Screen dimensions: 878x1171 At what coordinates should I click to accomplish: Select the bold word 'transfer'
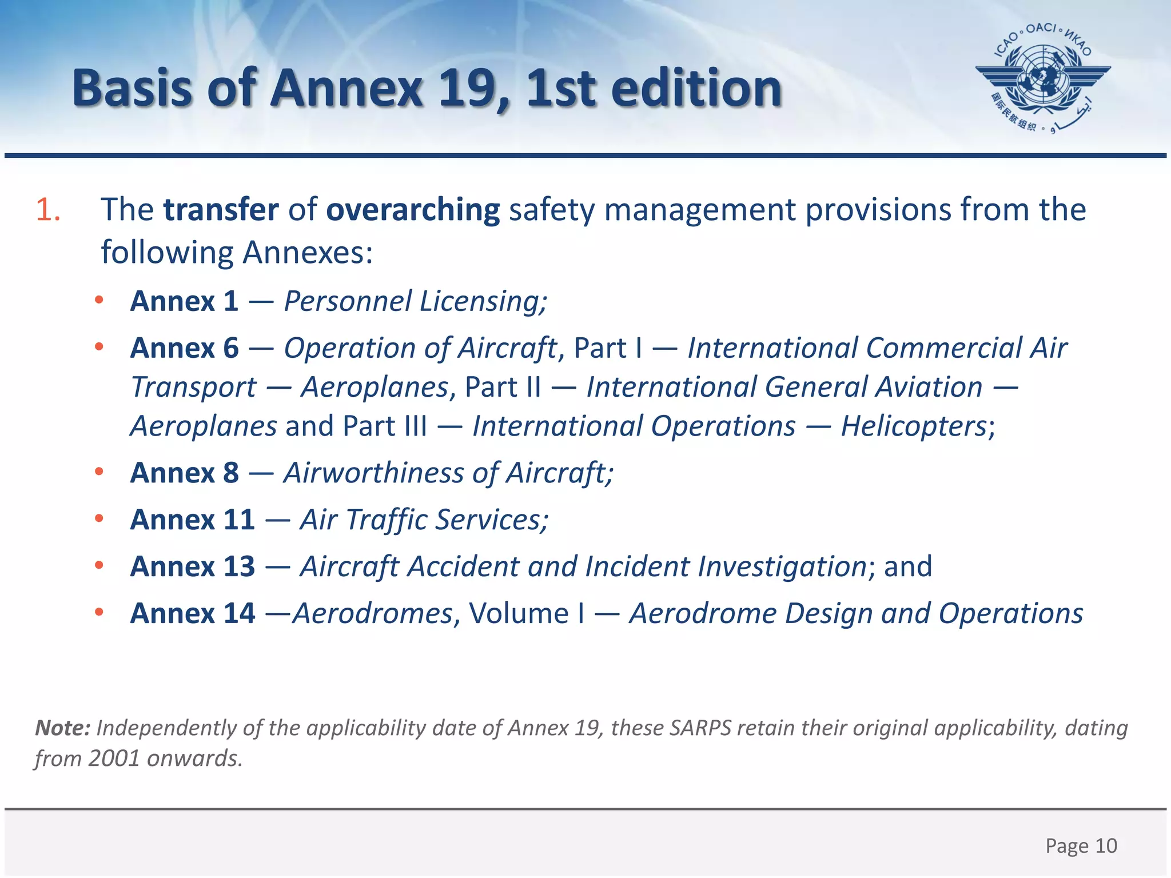(221, 210)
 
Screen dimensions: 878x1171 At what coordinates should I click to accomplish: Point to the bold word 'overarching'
(413, 210)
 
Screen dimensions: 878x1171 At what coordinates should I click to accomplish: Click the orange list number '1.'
(48, 210)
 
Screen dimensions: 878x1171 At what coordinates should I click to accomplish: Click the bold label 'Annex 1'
(184, 301)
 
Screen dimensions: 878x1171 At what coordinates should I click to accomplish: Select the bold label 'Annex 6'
(184, 348)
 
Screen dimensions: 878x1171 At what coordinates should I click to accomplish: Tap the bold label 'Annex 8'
(184, 473)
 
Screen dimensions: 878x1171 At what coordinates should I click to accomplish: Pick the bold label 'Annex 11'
(192, 520)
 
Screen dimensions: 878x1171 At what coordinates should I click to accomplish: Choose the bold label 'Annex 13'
(192, 567)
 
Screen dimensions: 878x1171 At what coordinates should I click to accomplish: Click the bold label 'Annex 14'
(192, 614)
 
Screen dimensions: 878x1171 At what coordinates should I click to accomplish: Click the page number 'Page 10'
(1081, 845)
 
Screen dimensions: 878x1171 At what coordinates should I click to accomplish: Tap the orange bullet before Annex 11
(99, 519)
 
